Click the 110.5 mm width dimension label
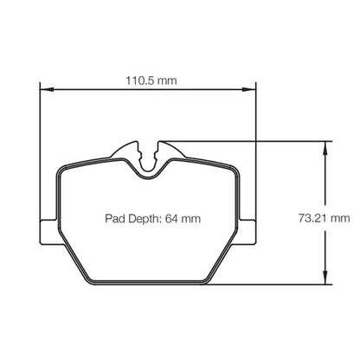pos(151,80)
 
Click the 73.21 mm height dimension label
pos(324,218)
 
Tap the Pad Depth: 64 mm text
pos(152,219)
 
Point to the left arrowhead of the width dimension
pos(47,89)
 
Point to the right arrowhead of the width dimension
pos(248,89)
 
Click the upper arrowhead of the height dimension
pos(325,148)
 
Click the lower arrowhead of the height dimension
pos(325,278)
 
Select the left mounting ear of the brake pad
pos(48,232)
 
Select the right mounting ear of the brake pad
pos(247,232)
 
